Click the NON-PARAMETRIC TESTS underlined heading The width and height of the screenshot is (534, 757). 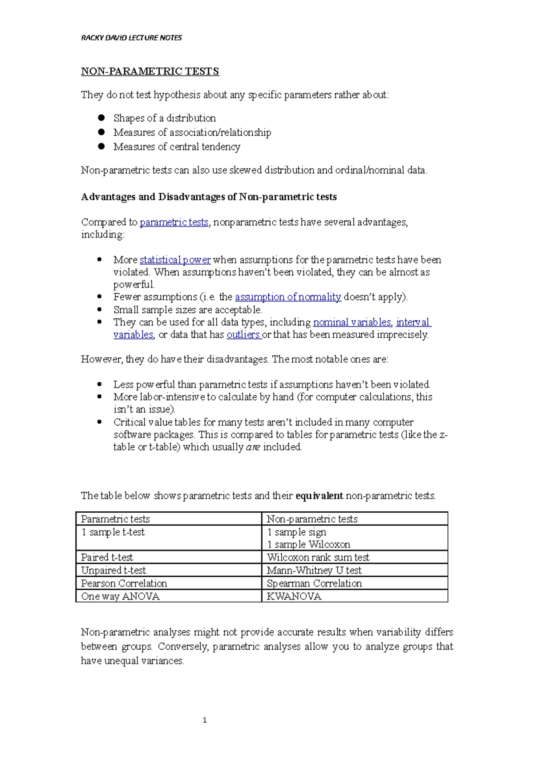150,71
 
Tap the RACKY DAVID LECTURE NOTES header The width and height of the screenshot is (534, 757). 131,38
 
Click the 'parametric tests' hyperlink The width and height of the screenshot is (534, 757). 174,222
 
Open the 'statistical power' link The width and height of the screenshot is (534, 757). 175,260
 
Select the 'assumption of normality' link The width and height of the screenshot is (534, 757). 288,297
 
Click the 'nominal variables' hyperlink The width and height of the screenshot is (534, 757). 352,322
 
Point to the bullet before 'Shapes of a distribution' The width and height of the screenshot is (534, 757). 101,118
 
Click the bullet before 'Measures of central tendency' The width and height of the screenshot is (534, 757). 101,146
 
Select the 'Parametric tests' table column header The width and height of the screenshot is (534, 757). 115,519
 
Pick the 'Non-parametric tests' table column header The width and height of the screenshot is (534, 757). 312,519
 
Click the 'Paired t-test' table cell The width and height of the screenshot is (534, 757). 107,557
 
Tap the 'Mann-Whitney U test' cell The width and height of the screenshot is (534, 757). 314,570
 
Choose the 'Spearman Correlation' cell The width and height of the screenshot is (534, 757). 314,583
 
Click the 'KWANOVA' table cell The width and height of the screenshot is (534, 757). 294,596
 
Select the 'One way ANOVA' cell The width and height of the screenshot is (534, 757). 120,596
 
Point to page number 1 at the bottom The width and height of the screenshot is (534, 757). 205,720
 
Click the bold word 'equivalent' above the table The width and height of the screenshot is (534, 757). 319,496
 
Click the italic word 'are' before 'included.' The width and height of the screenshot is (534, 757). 253,447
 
